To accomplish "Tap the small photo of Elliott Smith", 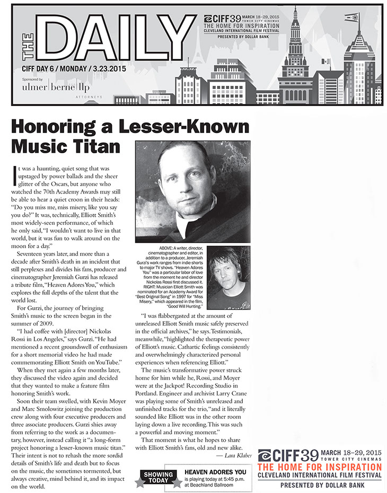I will coord(228,278).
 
